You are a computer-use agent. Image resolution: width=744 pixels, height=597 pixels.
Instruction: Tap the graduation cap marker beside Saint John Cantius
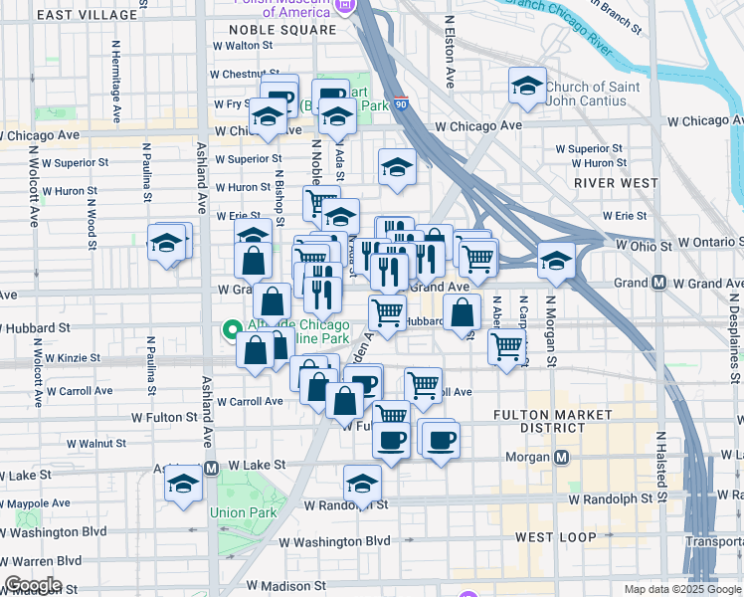click(x=528, y=88)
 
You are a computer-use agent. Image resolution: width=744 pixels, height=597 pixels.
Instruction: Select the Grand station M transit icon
click(x=658, y=284)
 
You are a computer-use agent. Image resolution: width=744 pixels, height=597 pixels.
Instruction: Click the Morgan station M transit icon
click(x=562, y=458)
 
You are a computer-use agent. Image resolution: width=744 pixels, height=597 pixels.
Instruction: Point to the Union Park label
click(x=236, y=512)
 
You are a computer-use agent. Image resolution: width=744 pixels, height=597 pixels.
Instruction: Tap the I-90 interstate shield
click(x=400, y=102)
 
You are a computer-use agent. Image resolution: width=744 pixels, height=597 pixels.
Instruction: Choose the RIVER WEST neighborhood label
click(x=617, y=183)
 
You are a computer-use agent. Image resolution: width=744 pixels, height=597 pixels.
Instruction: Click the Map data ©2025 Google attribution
click(x=681, y=589)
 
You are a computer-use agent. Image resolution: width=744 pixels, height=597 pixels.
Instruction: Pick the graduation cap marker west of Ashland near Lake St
click(x=183, y=486)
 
